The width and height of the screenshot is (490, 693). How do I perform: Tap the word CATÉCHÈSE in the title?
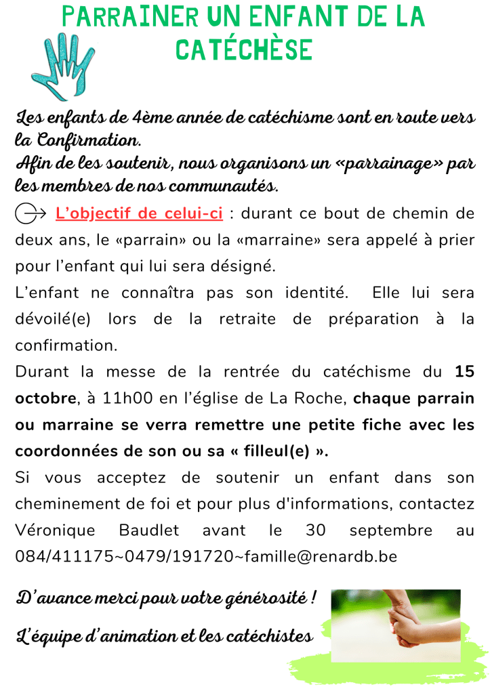click(x=245, y=49)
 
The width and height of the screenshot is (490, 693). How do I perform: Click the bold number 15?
click(x=464, y=371)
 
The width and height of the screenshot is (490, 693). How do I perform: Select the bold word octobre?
click(x=46, y=398)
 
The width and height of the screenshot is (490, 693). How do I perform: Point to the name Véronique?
click(x=54, y=530)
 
